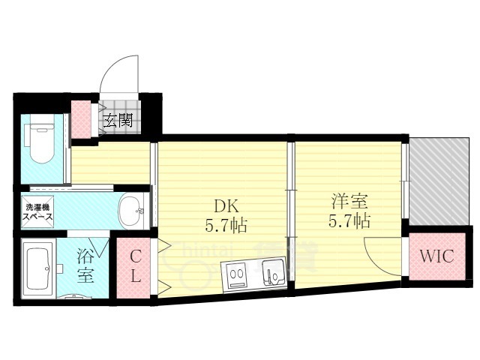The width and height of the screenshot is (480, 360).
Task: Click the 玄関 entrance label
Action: coord(118,119)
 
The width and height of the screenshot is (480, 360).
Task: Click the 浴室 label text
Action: coord(85,265)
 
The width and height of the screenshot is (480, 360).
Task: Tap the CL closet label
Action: coord(135,267)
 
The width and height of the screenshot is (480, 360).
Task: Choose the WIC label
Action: coord(436,256)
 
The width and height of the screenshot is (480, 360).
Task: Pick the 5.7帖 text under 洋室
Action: coord(350,222)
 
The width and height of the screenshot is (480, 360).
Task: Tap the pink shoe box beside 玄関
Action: coord(80,118)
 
